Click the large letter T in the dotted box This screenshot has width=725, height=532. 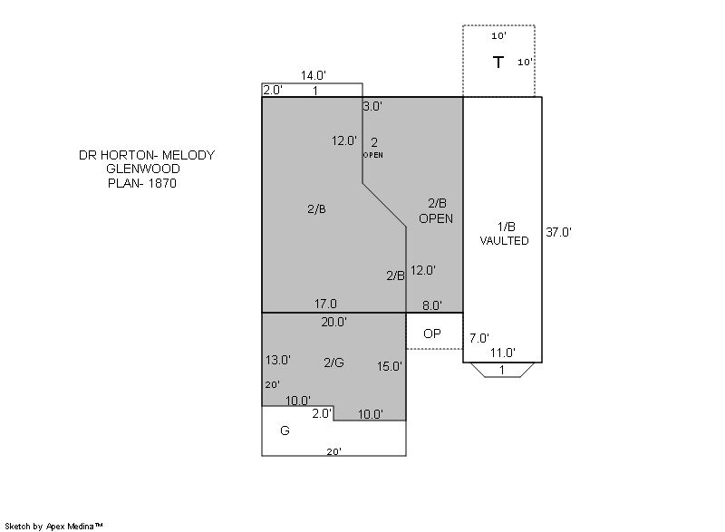(x=498, y=62)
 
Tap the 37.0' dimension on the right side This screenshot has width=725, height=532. (x=558, y=232)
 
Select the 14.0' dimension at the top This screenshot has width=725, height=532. (x=314, y=75)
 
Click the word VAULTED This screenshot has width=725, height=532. (x=504, y=241)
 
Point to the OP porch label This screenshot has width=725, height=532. (x=432, y=334)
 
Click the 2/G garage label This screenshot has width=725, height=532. (x=333, y=363)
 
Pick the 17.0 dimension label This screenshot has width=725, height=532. (x=325, y=304)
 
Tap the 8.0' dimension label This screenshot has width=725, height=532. (x=432, y=305)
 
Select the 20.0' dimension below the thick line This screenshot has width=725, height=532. (x=333, y=322)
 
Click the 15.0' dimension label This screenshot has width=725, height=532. (x=390, y=366)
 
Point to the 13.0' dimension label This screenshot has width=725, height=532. (x=278, y=360)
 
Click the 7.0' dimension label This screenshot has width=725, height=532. (x=479, y=338)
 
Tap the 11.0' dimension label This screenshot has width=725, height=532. (x=503, y=353)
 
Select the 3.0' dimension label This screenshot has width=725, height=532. (x=372, y=106)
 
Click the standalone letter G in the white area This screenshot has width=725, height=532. (x=285, y=430)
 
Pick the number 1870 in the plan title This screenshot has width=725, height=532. (x=162, y=183)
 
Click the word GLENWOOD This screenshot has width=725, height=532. (x=143, y=169)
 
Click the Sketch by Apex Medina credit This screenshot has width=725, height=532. (x=53, y=526)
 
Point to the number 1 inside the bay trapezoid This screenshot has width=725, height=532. (x=502, y=370)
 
